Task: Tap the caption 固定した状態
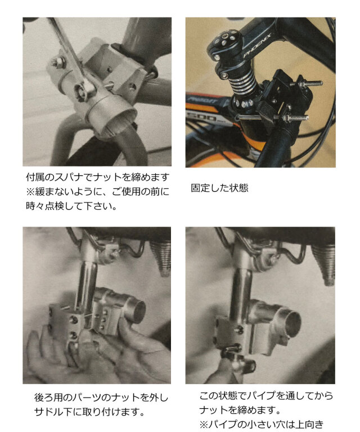point(219,188)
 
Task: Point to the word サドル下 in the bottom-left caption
point(49,411)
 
